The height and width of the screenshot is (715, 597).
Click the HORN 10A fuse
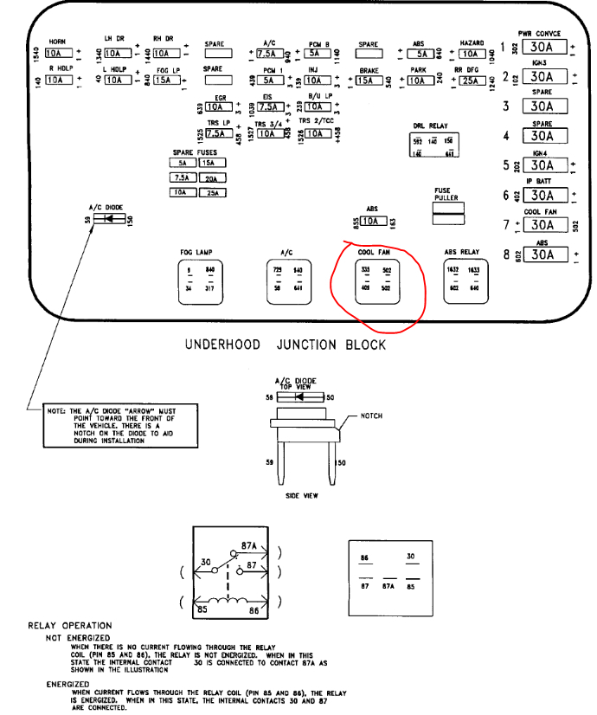(57, 53)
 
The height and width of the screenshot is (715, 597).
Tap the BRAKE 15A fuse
(369, 81)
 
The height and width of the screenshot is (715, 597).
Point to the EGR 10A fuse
(219, 108)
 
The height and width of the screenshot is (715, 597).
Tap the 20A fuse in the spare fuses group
(211, 177)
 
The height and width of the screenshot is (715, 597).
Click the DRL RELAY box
(434, 145)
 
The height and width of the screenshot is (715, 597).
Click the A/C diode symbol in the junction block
(108, 220)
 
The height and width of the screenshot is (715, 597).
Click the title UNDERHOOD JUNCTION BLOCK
(286, 344)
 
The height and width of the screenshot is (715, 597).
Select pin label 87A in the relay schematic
(249, 546)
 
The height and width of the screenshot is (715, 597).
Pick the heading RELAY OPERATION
(70, 625)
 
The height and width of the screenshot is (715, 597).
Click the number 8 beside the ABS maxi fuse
(504, 254)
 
